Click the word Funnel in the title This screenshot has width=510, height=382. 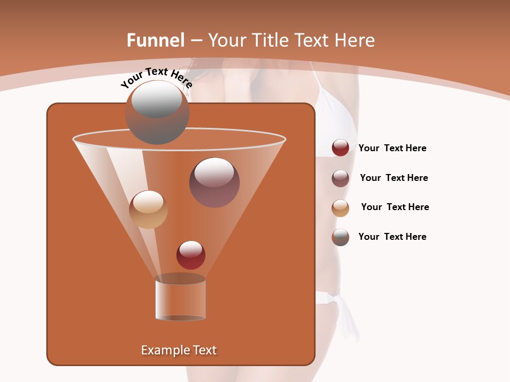tap(155, 40)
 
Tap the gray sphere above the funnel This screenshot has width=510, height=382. tap(157, 112)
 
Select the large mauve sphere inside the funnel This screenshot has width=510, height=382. tap(214, 183)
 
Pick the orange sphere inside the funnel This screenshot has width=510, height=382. tap(148, 210)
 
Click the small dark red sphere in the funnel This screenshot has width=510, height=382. tap(191, 255)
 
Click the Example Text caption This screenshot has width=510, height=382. tap(178, 350)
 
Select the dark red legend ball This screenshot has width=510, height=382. tap(341, 148)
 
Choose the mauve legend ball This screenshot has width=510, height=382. tap(341, 178)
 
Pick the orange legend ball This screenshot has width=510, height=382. tap(341, 207)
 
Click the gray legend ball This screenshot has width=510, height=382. tap(341, 237)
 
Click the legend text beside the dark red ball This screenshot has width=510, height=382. tap(392, 149)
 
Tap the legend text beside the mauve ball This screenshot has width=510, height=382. tap(394, 178)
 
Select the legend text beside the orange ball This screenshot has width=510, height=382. tap(395, 207)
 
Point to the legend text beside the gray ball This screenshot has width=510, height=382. tap(392, 237)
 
